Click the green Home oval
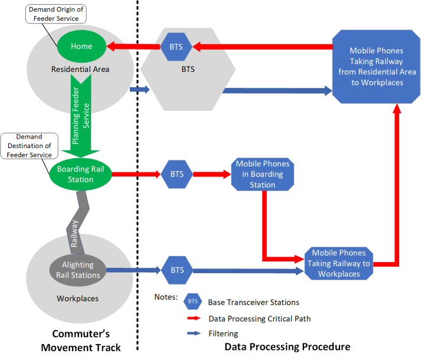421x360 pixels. tap(81, 46)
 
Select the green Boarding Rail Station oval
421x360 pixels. tap(80, 174)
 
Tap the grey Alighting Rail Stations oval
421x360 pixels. tap(78, 270)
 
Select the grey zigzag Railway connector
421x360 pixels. tap(76, 218)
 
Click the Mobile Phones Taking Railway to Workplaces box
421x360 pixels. tap(338, 263)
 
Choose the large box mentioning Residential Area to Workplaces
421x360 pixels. tap(376, 67)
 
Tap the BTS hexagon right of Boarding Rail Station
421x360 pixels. tap(177, 174)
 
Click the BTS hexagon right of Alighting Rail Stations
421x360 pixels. tap(177, 270)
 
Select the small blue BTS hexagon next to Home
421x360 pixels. tap(177, 46)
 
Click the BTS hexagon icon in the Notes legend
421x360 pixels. tap(192, 302)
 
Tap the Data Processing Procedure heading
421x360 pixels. tap(288, 346)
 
